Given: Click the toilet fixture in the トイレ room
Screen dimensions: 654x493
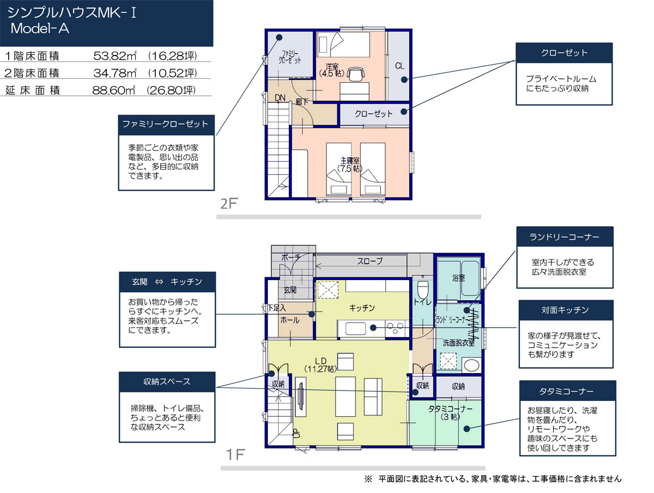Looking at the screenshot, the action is tap(422, 290).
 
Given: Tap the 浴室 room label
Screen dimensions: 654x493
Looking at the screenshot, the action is tap(458, 278).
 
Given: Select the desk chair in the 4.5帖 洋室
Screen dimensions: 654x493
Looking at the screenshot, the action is tap(356, 74).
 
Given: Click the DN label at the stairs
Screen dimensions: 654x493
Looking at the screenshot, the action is tap(280, 98).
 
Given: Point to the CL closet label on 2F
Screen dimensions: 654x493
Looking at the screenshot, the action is tap(399, 65).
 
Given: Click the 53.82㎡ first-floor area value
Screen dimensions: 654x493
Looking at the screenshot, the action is tap(115, 56).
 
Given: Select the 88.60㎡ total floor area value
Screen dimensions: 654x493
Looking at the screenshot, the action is tap(114, 90).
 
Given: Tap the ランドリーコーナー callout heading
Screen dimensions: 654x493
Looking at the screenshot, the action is tap(564, 236).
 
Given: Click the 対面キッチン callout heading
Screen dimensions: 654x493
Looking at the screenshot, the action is tap(565, 310).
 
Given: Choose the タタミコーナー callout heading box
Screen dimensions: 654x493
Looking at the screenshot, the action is tap(567, 391).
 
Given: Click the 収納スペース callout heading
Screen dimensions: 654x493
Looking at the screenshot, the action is tap(167, 382).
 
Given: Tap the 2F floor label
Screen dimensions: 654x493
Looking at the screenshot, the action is tap(228, 204).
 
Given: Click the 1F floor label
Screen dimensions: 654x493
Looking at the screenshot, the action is tap(235, 454).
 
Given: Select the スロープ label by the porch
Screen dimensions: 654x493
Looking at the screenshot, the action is tap(370, 261).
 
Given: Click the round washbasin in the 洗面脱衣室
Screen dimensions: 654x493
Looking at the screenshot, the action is tap(471, 366).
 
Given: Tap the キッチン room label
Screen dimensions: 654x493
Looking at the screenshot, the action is tap(362, 308).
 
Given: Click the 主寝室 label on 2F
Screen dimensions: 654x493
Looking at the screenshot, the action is tap(350, 161).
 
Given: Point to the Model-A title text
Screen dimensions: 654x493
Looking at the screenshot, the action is tap(40, 28).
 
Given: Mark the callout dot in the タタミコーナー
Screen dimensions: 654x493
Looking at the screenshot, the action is tap(467, 429).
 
